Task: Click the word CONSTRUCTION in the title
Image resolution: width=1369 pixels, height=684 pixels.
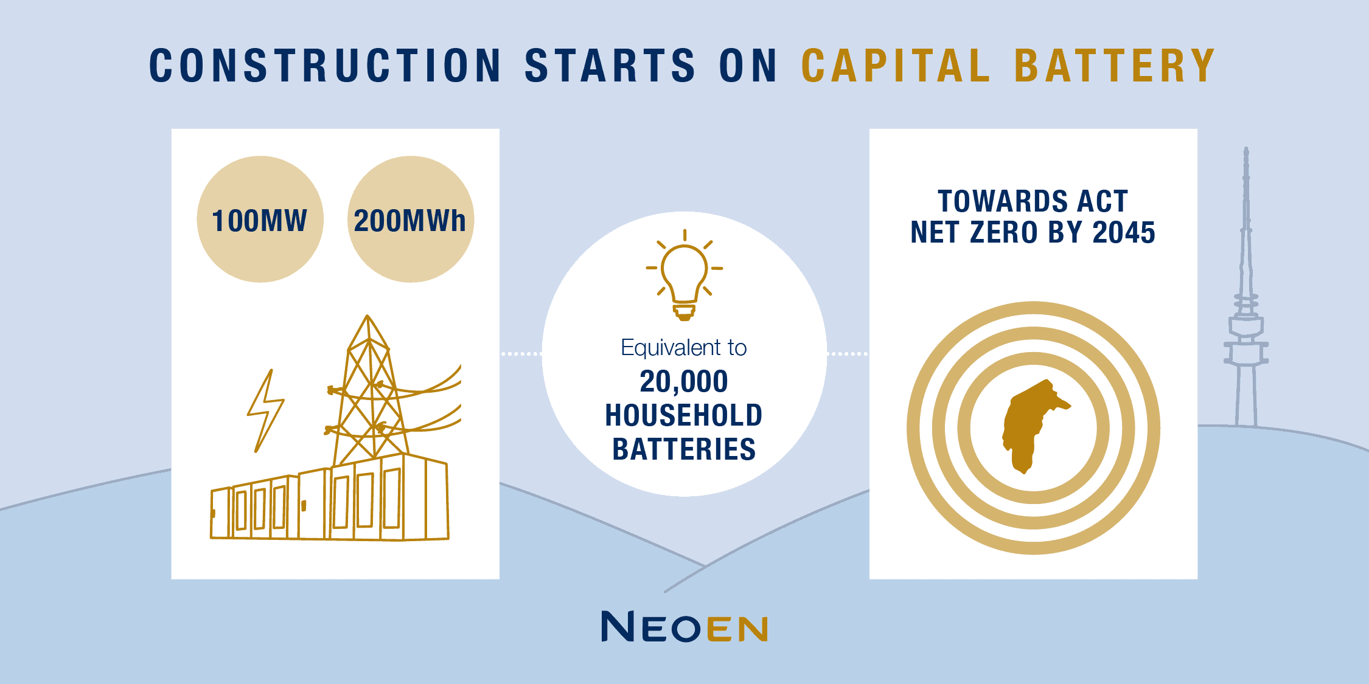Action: point(326,66)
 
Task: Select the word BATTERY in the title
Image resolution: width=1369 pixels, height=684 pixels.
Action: point(1115,66)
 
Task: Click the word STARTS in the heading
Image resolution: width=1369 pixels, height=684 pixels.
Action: point(610,66)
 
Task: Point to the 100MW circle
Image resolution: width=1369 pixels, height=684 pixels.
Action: point(260,219)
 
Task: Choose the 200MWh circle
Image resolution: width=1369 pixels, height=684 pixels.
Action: point(410,219)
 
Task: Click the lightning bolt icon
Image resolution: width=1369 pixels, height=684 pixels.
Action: point(265,411)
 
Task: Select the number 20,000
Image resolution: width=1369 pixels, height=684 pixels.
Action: point(684,382)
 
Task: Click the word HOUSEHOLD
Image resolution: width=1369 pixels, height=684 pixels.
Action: point(684,416)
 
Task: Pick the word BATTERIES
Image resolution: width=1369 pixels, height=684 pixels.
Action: point(684,450)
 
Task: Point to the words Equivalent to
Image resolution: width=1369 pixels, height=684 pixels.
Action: point(684,348)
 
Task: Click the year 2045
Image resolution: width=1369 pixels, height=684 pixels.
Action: point(1124,232)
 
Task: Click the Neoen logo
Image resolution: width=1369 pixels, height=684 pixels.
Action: point(684,627)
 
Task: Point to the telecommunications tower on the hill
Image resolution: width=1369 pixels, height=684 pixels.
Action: point(1246,304)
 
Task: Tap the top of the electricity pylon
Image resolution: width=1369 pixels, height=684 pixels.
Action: point(368,319)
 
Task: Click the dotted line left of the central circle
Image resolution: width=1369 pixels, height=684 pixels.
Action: point(521,353)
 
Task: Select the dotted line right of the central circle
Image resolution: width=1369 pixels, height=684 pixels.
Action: point(848,353)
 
